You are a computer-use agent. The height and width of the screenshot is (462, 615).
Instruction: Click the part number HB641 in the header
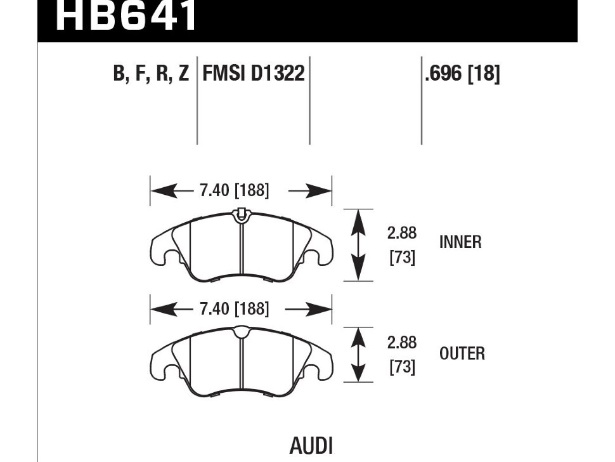(127, 16)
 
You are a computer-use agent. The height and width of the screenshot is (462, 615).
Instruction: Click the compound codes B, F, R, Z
(151, 74)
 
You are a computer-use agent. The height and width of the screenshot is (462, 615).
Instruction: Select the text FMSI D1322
(254, 74)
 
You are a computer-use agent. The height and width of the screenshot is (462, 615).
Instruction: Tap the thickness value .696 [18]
(463, 74)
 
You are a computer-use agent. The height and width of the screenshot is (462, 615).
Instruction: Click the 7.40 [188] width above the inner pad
(234, 190)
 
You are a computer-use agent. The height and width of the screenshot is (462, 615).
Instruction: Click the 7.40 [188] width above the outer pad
(234, 309)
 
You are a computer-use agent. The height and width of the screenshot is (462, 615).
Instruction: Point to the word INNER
(460, 242)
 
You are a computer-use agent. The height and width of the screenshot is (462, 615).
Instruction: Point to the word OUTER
(462, 353)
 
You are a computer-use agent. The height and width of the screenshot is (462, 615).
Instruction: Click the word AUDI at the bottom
(311, 445)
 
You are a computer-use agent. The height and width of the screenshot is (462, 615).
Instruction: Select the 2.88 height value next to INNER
(402, 233)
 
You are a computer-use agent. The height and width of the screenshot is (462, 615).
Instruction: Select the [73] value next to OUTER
(402, 367)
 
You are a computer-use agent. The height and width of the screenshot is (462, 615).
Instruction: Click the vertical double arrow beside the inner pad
(359, 244)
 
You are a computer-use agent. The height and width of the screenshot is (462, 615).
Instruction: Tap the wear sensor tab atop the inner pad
(240, 215)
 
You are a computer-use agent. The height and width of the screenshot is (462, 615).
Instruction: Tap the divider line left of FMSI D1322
(197, 102)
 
